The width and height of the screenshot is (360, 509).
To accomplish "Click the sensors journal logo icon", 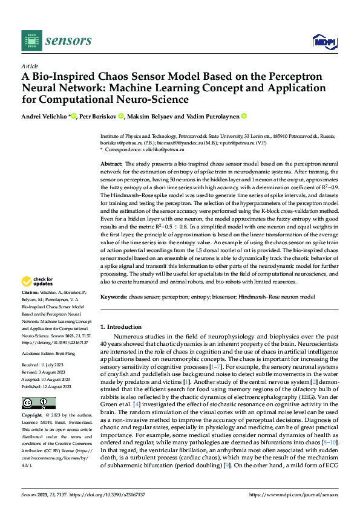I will click(30, 41).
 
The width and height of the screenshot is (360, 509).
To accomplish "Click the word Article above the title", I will click(30, 65).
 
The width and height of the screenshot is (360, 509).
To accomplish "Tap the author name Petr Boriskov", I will click(99, 116).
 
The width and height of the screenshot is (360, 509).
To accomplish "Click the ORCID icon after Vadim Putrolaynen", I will click(244, 116).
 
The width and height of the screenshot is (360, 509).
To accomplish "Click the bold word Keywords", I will click(114, 297).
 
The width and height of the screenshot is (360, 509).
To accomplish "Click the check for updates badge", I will click(38, 281).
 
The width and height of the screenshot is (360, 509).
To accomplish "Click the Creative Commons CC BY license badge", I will click(38, 403).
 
